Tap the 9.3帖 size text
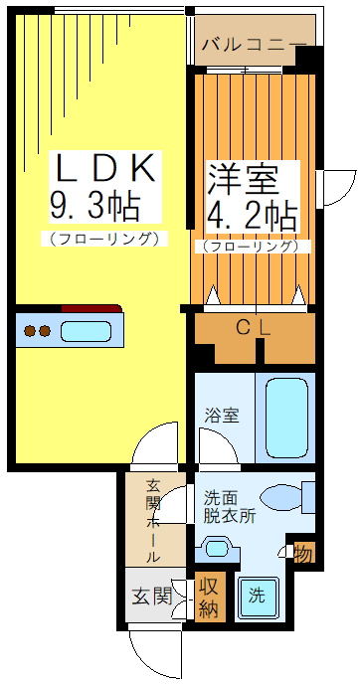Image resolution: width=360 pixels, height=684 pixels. (x=94, y=206)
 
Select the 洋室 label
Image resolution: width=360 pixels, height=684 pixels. (x=240, y=180)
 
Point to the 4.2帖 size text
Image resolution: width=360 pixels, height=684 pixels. (x=251, y=215)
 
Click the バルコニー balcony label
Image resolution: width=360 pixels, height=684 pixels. (x=253, y=44)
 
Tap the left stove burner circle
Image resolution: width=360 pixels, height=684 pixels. (x=30, y=331)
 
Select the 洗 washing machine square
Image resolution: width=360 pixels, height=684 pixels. (x=258, y=597)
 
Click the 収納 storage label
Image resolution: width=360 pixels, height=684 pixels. (x=208, y=597)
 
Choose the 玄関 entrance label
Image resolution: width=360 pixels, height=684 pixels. (x=151, y=597)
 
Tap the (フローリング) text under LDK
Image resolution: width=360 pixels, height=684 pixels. (x=103, y=239)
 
